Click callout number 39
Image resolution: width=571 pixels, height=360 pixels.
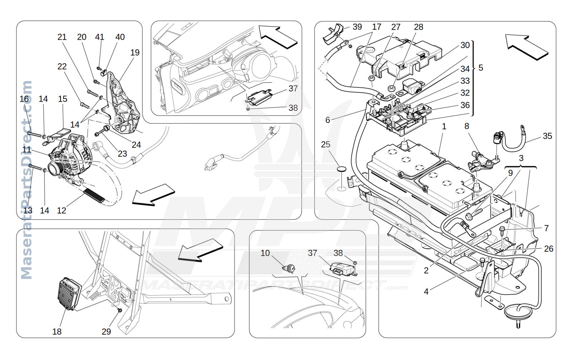(x=357, y=27)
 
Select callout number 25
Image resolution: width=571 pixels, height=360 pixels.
(x=325, y=145)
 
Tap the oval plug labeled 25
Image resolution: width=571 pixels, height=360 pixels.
(x=341, y=169)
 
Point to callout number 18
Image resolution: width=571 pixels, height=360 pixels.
(x=57, y=331)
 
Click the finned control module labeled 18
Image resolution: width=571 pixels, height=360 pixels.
(x=69, y=293)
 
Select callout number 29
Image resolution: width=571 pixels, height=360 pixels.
(x=106, y=331)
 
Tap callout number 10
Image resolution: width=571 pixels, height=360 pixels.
(x=265, y=253)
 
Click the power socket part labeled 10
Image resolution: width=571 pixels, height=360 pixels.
(x=289, y=268)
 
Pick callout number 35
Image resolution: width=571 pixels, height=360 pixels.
(x=547, y=136)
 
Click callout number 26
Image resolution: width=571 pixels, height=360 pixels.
(x=548, y=248)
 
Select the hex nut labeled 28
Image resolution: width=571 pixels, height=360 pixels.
(x=391, y=89)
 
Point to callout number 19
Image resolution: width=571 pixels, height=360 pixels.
(x=135, y=53)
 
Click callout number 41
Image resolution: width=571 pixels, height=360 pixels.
(x=99, y=37)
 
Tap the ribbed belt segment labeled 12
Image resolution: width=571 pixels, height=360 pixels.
(x=94, y=195)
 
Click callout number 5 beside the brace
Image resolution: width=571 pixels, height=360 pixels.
(x=481, y=68)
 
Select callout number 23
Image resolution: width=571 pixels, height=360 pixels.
(x=122, y=154)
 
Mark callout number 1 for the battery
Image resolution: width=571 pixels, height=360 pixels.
(x=444, y=126)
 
